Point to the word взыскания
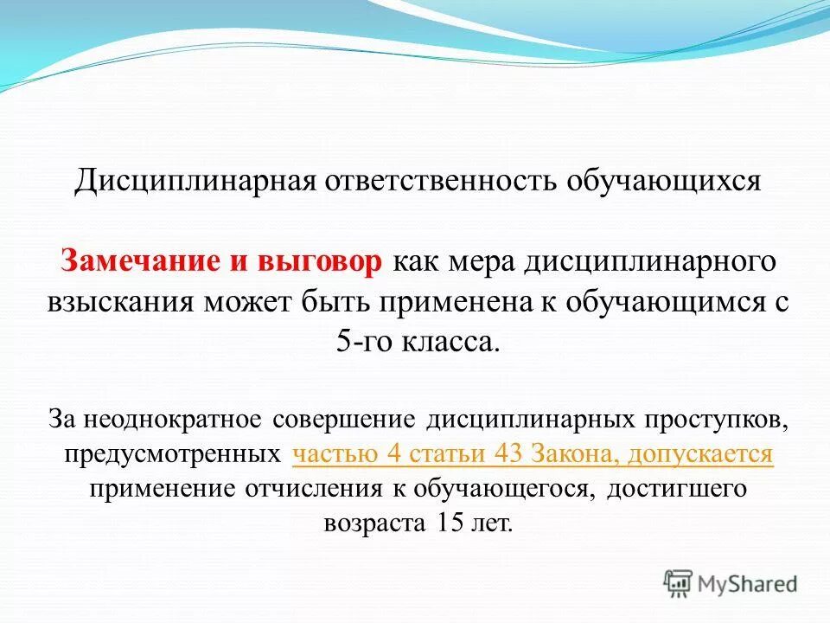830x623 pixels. pos(122,301)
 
